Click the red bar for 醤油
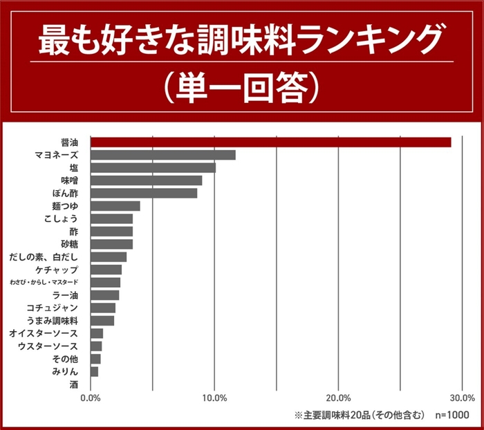(x=270, y=142)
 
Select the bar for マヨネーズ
(x=162, y=155)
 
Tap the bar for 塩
(x=153, y=167)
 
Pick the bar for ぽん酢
(x=144, y=193)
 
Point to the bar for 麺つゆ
(x=115, y=206)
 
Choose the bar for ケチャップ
(x=106, y=270)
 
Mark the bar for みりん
(x=94, y=372)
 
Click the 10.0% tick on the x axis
(x=214, y=398)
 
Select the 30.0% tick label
(x=462, y=398)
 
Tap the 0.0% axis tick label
(x=91, y=398)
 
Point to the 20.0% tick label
(x=338, y=398)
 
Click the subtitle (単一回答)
(x=241, y=86)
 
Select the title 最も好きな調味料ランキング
(x=241, y=41)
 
